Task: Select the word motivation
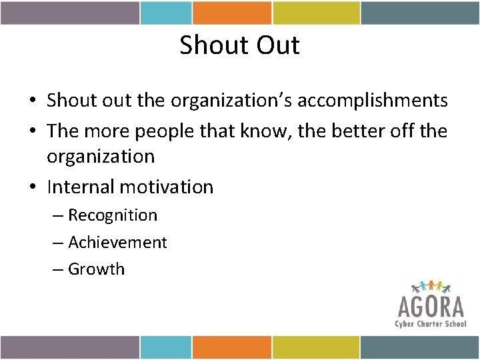(x=167, y=187)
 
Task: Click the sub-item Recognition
(x=113, y=215)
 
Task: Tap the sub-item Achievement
(x=117, y=242)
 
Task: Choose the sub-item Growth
(x=96, y=269)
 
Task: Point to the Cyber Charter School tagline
(x=431, y=323)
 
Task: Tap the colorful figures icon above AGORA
(x=431, y=287)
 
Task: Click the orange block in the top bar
(x=232, y=13)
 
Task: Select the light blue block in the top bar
(x=166, y=13)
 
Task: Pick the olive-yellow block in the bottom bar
(x=317, y=347)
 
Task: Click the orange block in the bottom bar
(x=232, y=347)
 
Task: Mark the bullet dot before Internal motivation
(x=32, y=187)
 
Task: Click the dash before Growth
(x=59, y=269)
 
